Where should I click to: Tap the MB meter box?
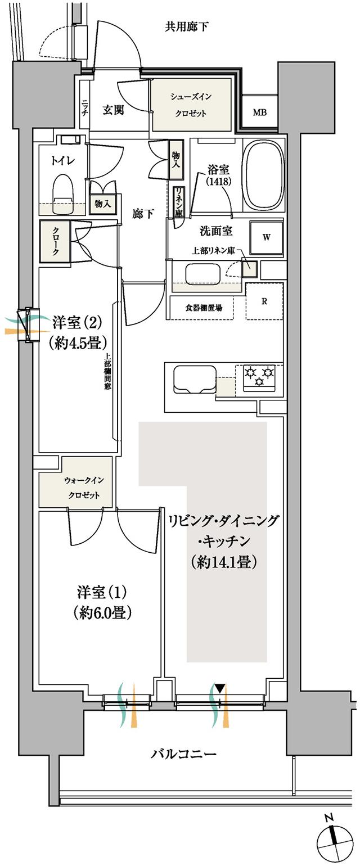259,112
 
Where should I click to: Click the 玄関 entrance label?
113,110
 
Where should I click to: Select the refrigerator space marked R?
264,301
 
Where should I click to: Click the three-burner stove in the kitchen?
259,376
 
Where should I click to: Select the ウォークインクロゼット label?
84,487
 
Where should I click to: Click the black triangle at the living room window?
220,688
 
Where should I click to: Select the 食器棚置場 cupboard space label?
203,308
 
